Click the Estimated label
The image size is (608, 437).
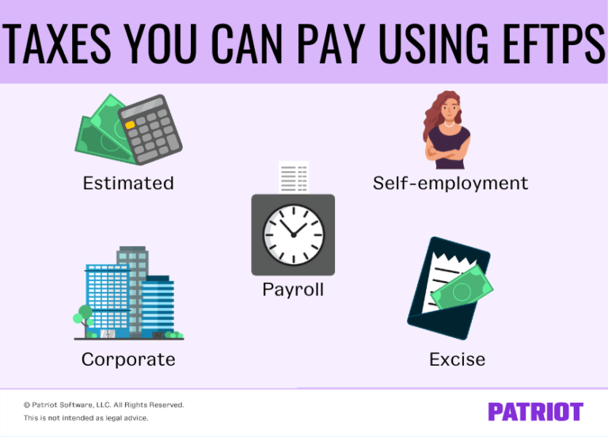pos(128,184)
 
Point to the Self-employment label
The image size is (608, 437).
pos(450,184)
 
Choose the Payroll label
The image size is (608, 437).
pos(293,290)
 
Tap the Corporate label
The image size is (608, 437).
pos(128,359)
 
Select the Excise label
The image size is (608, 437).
pos(457,359)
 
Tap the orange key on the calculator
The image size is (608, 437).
pos(129,125)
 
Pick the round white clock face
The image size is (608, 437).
pos(293,230)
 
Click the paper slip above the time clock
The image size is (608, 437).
pos(293,178)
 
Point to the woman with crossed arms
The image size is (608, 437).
pos(447,131)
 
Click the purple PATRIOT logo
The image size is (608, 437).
pos(535,412)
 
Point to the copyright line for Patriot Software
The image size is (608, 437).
pos(104,405)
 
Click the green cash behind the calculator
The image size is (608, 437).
pos(100,135)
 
